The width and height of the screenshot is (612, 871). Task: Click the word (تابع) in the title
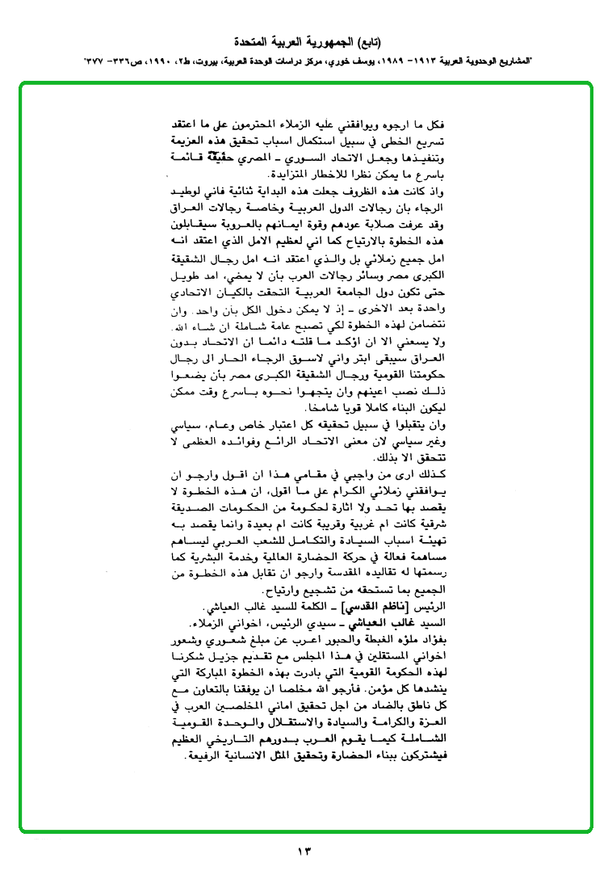369,40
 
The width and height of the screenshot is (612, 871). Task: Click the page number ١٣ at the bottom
305,850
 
